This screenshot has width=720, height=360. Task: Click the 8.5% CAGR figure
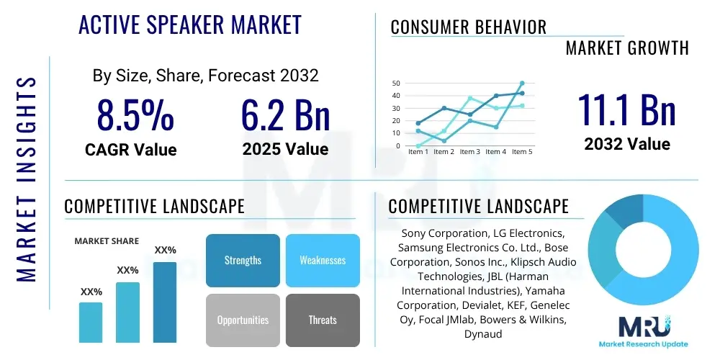pyautogui.click(x=135, y=115)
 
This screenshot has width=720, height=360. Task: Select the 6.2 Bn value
pyautogui.click(x=285, y=115)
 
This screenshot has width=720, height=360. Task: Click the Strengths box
pyautogui.click(x=243, y=260)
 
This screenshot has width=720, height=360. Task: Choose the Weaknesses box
pyautogui.click(x=323, y=260)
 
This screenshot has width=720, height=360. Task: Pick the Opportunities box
pyautogui.click(x=243, y=320)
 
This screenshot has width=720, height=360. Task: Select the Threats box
pyautogui.click(x=323, y=320)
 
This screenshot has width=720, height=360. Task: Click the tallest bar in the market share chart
pyautogui.click(x=165, y=302)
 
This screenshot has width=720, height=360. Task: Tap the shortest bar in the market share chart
pyautogui.click(x=91, y=322)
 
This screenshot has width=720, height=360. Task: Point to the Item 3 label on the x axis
pyautogui.click(x=469, y=152)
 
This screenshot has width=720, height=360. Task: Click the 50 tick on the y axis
pyautogui.click(x=396, y=84)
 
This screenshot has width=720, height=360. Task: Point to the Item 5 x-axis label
pyautogui.click(x=521, y=152)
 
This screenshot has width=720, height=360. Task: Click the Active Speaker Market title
pyautogui.click(x=189, y=25)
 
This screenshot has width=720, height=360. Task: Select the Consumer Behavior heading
pyautogui.click(x=469, y=27)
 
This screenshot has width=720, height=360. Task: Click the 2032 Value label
pyautogui.click(x=626, y=144)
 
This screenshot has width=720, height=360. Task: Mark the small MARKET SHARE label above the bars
pyautogui.click(x=107, y=241)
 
